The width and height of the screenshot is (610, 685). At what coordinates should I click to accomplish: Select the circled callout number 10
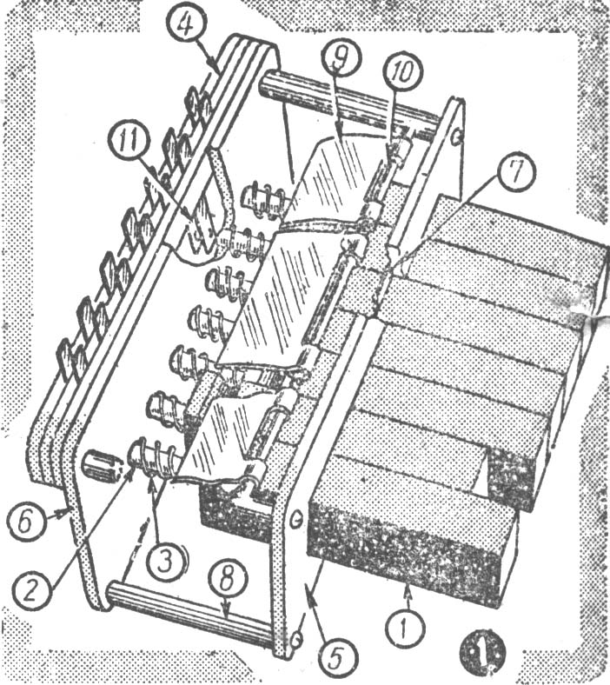click(401, 71)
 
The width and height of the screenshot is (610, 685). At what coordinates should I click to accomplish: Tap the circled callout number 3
click(164, 562)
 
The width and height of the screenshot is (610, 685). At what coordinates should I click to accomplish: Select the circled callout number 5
click(335, 653)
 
